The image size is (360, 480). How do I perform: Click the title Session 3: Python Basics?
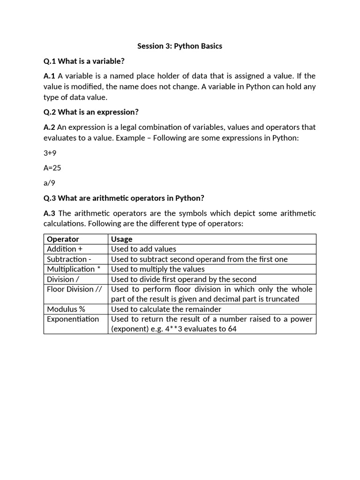click(180, 46)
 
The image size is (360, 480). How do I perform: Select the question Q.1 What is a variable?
click(84, 61)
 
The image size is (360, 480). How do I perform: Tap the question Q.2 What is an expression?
click(91, 112)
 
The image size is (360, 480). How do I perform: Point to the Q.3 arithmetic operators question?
click(124, 198)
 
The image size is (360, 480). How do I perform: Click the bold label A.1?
click(49, 76)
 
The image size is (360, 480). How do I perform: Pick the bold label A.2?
click(49, 127)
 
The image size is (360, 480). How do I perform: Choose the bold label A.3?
click(49, 213)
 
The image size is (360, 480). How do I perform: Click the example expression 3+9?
click(50, 153)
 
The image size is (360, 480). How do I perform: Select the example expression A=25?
click(52, 167)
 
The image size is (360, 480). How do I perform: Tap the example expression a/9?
click(49, 183)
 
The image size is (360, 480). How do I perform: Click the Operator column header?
click(63, 239)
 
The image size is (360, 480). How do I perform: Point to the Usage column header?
click(122, 239)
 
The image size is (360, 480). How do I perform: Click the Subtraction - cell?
click(69, 259)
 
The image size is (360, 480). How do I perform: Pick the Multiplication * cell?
click(74, 269)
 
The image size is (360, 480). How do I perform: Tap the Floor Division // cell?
click(74, 289)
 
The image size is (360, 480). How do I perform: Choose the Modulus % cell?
click(66, 309)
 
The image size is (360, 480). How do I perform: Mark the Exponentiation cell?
click(73, 319)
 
